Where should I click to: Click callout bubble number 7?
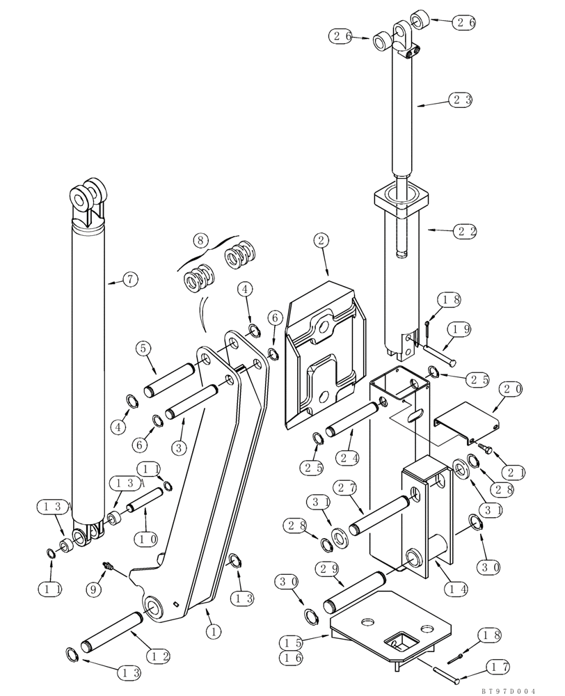pos(130,280)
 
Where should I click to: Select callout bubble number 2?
pos(321,241)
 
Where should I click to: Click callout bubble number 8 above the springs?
pos(200,242)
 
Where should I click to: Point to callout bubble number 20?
pos(511,390)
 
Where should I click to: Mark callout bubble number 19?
pos(456,328)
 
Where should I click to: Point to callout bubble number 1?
pos(213,632)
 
